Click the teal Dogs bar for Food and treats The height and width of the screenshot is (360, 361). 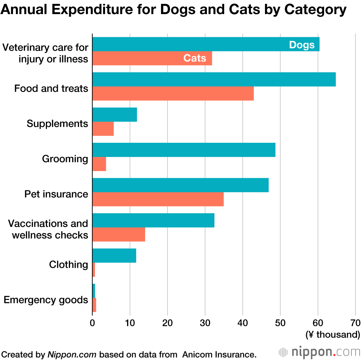tap(214, 80)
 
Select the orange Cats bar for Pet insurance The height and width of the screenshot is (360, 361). tap(158, 199)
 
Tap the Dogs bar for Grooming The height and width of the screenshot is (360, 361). tap(184, 150)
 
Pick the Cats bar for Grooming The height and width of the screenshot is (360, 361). tap(99, 164)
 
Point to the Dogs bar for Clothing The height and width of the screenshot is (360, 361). tap(114, 256)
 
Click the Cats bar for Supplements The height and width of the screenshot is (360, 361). tap(103, 129)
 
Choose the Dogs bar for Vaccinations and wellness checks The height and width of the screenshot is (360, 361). tap(153, 220)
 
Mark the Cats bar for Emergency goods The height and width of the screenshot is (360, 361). tap(94, 305)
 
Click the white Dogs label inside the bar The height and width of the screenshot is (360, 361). tap(302, 45)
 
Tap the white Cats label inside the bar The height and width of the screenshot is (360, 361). tap(195, 58)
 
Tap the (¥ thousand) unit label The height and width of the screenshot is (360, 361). tap(332, 335)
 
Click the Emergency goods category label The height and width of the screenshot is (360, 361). tap(46, 300)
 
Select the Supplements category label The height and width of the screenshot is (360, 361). tap(57, 124)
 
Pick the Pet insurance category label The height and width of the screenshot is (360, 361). tap(56, 194)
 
